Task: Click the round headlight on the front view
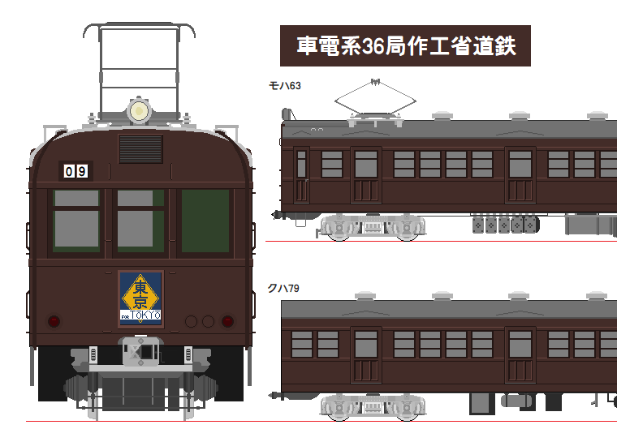point(140,110)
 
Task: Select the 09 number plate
point(76,171)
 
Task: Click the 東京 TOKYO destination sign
point(140,298)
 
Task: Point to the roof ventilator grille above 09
point(140,149)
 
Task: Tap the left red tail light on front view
point(54,321)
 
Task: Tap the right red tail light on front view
point(227,321)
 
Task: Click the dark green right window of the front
point(205,221)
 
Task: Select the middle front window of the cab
point(140,221)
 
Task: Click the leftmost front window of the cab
point(76,221)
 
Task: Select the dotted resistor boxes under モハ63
point(504,224)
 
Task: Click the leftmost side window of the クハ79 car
point(302,344)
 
